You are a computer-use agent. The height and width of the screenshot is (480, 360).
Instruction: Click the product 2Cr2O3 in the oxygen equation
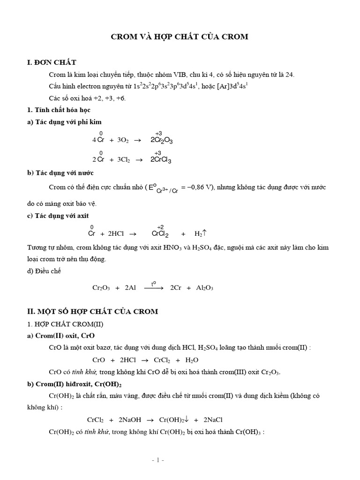click(x=162, y=140)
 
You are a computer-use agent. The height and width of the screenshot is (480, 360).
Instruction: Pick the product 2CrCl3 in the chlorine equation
click(x=161, y=160)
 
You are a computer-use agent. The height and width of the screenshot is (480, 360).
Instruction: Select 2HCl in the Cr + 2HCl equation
click(x=111, y=234)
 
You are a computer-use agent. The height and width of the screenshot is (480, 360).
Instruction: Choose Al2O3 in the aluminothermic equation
click(x=204, y=288)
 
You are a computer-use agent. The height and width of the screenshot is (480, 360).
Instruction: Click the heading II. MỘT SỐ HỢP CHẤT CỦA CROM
click(x=94, y=311)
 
